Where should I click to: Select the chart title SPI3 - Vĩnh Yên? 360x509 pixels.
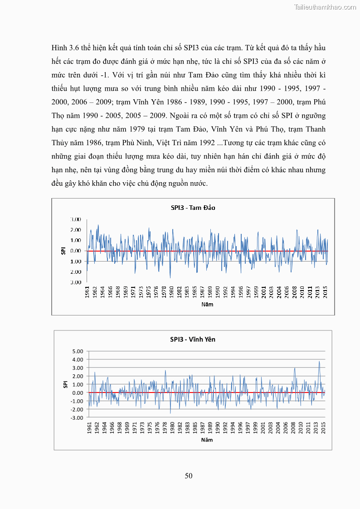[193, 339]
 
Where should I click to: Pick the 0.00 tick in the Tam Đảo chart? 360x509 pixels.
[75, 251]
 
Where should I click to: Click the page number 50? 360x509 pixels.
[189, 475]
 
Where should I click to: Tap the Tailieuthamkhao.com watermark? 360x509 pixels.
[325, 7]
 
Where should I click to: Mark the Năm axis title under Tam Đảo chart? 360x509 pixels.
[207, 304]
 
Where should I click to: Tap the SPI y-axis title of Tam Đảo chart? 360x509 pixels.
[64, 251]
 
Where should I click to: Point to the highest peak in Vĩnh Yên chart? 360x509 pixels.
[319, 361]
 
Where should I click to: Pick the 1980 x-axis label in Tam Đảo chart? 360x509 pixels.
[171, 291]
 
